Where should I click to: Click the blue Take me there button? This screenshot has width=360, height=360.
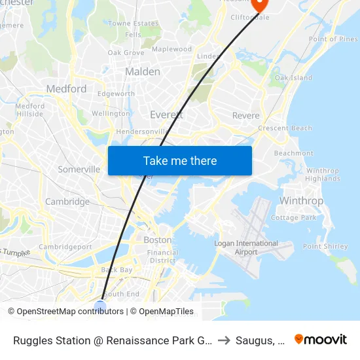click(x=180, y=160)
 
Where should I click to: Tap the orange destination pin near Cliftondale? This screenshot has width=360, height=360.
click(x=260, y=4)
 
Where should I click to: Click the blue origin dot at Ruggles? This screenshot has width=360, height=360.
click(x=100, y=306)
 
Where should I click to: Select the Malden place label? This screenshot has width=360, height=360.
click(x=142, y=71)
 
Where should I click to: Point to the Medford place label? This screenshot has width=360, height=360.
click(x=66, y=88)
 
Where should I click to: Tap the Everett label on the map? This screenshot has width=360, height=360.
click(x=166, y=115)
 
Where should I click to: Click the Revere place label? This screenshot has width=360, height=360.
click(x=246, y=116)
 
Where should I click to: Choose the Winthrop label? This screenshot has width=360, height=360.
click(x=301, y=200)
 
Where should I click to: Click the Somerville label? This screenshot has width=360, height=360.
click(x=79, y=169)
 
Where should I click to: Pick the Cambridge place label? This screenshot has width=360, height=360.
click(x=67, y=202)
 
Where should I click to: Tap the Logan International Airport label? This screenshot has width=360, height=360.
click(x=246, y=248)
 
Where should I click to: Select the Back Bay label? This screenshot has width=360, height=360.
click(x=117, y=270)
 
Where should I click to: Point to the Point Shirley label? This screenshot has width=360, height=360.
click(x=325, y=246)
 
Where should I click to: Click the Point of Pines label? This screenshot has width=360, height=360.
click(x=333, y=39)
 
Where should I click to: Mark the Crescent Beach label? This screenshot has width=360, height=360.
click(x=285, y=128)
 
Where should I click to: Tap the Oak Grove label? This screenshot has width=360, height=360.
click(x=126, y=52)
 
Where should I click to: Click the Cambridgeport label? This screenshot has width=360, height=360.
click(x=65, y=247)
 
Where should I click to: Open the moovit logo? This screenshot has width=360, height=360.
click(x=320, y=339)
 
